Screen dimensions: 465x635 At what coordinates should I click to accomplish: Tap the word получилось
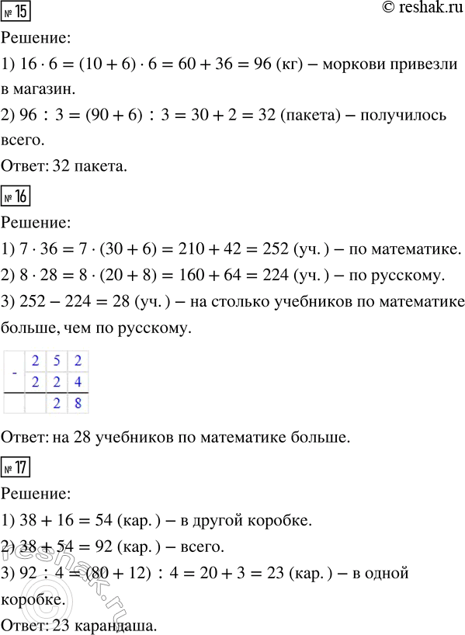click(x=404, y=116)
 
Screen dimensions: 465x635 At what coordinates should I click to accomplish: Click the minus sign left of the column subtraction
click(x=16, y=370)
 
